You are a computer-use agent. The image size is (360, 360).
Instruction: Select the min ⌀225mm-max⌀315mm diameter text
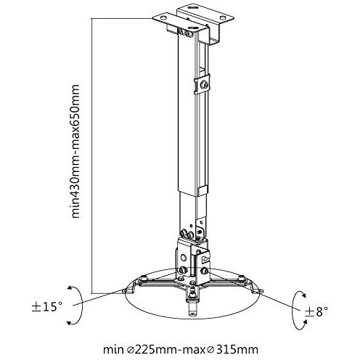pyautogui.click(x=184, y=349)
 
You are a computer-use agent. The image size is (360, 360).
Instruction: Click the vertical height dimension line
pyautogui.click(x=94, y=152)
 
